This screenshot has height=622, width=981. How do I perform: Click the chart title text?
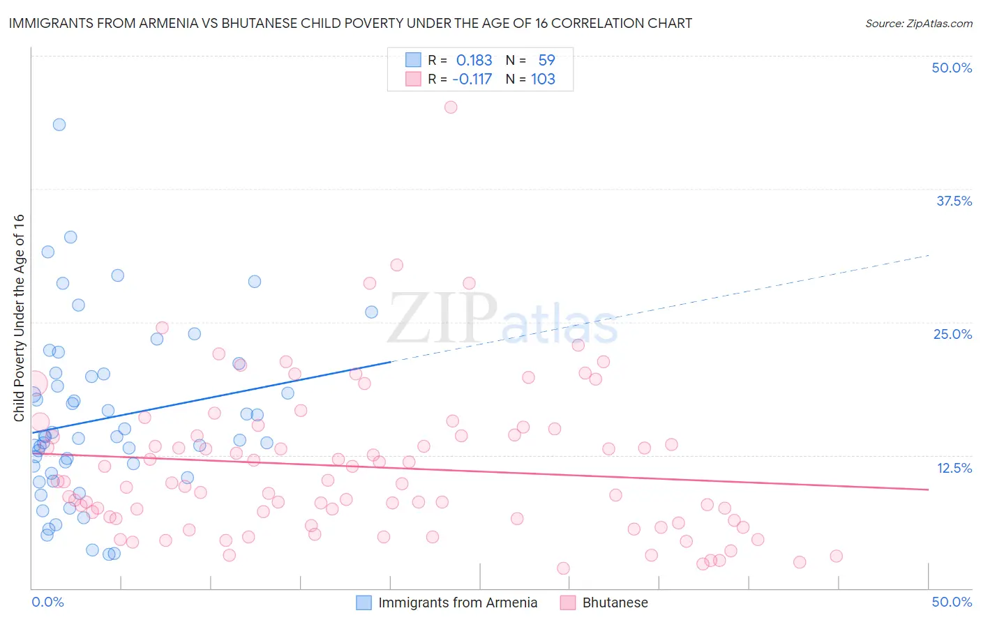[350, 23]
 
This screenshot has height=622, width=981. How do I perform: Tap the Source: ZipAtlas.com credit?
[918, 23]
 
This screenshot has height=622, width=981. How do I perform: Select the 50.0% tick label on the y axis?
[952, 68]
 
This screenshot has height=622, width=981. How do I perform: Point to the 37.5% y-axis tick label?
[954, 201]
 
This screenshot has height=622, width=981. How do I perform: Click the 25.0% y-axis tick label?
[952, 334]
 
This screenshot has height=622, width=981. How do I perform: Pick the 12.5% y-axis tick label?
[954, 468]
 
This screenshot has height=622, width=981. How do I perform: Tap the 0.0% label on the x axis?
[47, 602]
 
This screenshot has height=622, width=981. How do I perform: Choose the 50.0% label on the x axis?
[952, 602]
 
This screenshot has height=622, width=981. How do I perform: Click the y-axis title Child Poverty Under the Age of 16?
[19, 317]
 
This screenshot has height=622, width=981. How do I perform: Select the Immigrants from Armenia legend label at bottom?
[458, 602]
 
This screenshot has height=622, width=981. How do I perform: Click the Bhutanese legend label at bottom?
[615, 602]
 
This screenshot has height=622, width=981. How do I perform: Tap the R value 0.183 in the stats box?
[474, 61]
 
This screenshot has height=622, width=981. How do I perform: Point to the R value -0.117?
[472, 79]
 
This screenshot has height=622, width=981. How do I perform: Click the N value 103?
[543, 79]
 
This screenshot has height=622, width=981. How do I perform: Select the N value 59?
[546, 61]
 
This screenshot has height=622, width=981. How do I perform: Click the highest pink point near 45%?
[451, 107]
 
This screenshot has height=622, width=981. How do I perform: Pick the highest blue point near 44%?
[59, 125]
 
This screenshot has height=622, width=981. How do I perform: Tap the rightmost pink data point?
[836, 556]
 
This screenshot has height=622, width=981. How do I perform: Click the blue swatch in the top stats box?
[413, 61]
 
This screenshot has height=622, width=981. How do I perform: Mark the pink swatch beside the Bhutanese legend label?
[567, 602]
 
